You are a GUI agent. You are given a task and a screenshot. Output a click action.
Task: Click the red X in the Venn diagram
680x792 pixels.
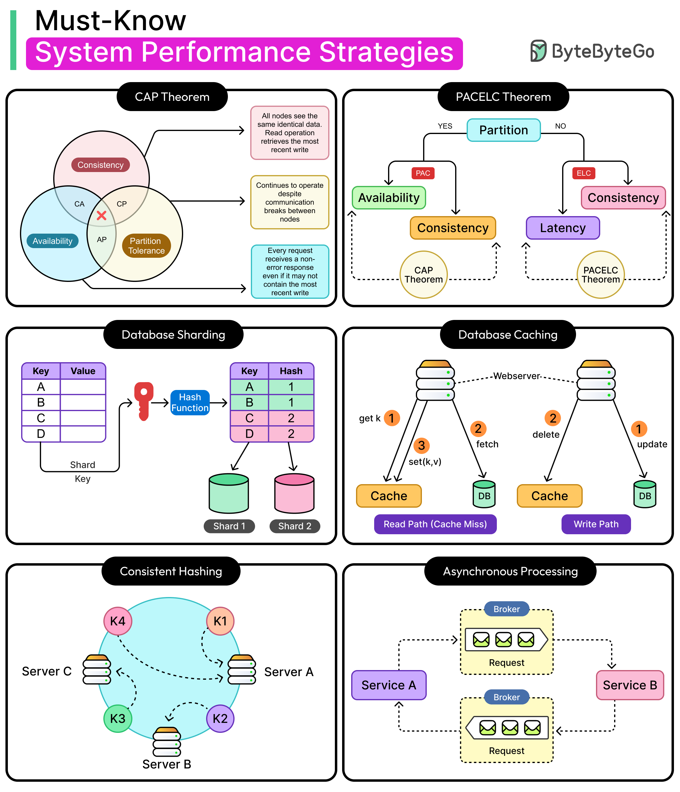pyautogui.click(x=102, y=216)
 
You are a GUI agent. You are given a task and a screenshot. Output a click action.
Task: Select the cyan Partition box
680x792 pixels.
pyautogui.click(x=504, y=130)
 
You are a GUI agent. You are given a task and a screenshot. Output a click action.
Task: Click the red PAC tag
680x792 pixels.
pyautogui.click(x=423, y=173)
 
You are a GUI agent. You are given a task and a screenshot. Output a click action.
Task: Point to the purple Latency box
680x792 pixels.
pyautogui.click(x=562, y=228)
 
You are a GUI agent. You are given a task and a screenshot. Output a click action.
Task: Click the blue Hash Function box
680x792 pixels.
pyautogui.click(x=190, y=403)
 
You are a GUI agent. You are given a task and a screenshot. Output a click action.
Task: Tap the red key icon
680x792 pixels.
pyautogui.click(x=144, y=401)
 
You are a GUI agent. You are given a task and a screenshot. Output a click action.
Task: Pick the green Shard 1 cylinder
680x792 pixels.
pyautogui.click(x=229, y=493)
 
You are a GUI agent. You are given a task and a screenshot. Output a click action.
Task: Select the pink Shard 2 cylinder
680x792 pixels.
pyautogui.click(x=294, y=493)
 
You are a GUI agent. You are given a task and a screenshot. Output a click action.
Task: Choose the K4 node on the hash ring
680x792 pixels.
pyautogui.click(x=118, y=621)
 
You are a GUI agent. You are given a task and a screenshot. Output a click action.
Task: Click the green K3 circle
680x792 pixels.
pyautogui.click(x=118, y=719)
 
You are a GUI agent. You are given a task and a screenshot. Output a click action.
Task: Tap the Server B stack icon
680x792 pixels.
pyautogui.click(x=167, y=742)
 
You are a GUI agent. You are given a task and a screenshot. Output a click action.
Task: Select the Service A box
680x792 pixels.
pyautogui.click(x=389, y=685)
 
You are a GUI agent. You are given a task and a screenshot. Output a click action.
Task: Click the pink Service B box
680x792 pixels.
pyautogui.click(x=630, y=685)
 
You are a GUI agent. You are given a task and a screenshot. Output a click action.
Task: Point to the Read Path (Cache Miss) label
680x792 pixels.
pyautogui.click(x=436, y=524)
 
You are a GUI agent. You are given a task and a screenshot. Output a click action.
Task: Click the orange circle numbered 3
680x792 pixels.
pyautogui.click(x=422, y=445)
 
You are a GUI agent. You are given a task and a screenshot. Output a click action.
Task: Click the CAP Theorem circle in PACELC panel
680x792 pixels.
pyautogui.click(x=424, y=274)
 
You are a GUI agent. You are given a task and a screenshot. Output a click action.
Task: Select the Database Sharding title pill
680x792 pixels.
pyautogui.click(x=173, y=334)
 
